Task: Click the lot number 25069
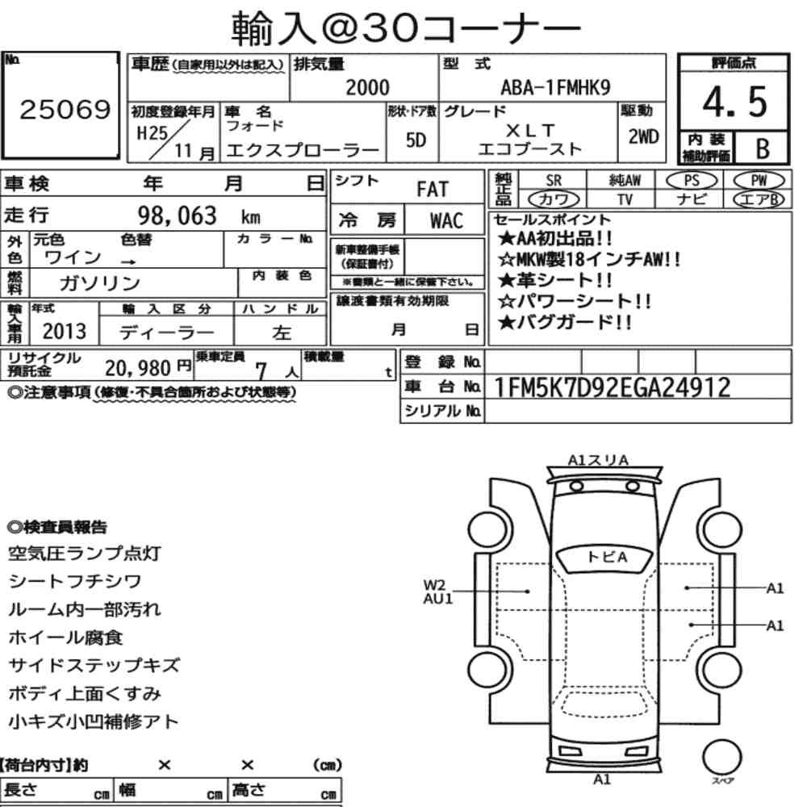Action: [65, 109]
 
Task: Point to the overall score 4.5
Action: [734, 102]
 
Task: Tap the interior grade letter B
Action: [763, 148]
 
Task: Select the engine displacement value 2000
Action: [367, 87]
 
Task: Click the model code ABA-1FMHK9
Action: [555, 87]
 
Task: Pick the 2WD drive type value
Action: [643, 136]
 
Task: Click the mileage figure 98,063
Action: [177, 215]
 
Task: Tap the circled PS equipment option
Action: [692, 181]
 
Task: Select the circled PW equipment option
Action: [759, 181]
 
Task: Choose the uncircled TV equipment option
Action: [625, 199]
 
